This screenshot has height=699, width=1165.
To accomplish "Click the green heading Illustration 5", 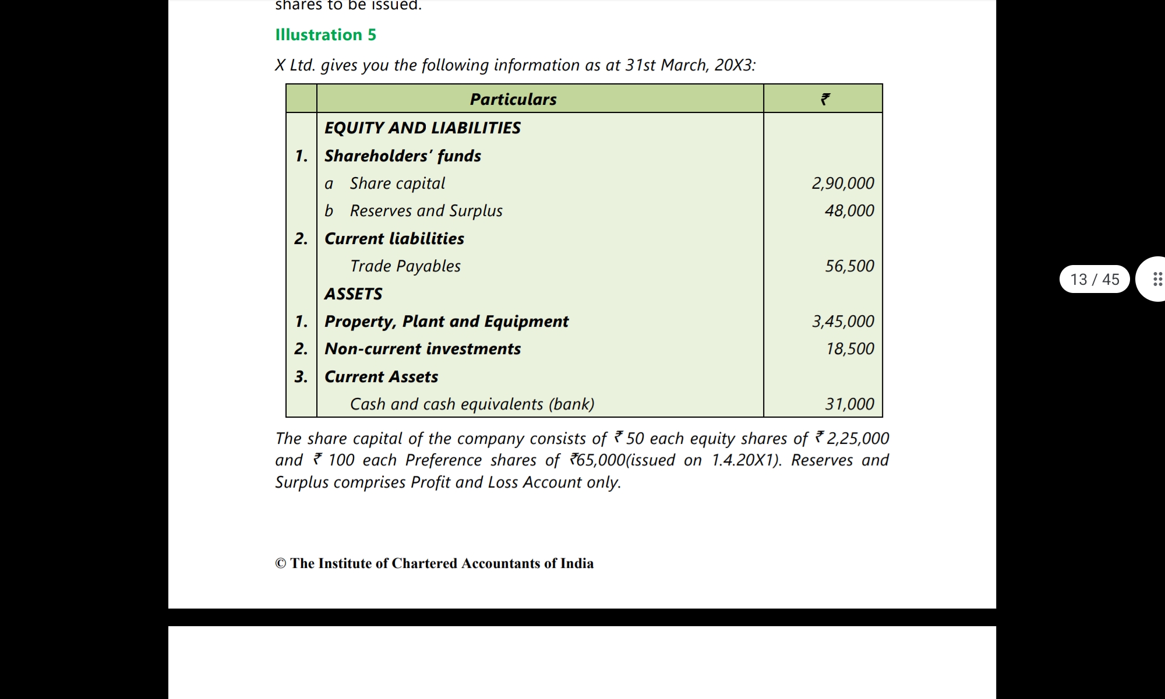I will click(326, 35).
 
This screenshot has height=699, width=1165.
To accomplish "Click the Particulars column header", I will click(513, 100).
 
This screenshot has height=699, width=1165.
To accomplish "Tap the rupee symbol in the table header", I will click(825, 100).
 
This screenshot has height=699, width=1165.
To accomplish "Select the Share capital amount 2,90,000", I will click(843, 183).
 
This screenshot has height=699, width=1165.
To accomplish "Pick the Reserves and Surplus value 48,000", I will click(849, 211).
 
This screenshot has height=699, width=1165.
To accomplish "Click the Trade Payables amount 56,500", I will click(849, 266).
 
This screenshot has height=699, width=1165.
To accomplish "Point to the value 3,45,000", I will click(843, 322).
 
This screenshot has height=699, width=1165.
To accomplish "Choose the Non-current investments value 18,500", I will click(850, 349).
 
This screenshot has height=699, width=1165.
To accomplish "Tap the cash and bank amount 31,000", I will click(849, 404).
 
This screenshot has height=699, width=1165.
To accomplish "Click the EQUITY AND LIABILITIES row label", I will click(422, 128).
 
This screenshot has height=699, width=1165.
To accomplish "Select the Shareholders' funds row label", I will click(403, 156).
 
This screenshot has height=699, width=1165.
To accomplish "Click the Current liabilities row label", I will click(394, 239).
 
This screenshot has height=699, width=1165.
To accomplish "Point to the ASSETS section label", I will click(353, 294).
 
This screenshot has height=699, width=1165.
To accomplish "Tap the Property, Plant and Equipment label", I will click(446, 322).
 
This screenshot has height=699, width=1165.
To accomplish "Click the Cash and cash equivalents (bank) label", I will click(472, 404).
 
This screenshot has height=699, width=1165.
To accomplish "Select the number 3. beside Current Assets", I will click(301, 377).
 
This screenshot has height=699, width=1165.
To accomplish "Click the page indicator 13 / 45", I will click(1095, 280).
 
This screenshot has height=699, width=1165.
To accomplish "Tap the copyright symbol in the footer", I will click(281, 564).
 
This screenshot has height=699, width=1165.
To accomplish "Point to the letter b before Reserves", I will click(329, 211).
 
